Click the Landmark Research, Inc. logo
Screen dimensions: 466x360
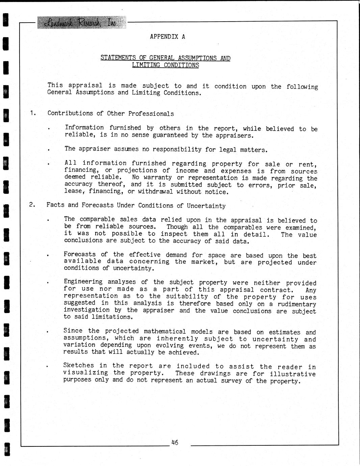(x=81, y=22)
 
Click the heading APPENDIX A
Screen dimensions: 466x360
(x=168, y=36)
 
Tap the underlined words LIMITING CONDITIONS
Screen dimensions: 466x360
(x=165, y=65)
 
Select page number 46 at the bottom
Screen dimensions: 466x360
(x=175, y=442)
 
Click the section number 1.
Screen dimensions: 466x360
(x=33, y=113)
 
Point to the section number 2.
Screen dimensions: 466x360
(x=32, y=205)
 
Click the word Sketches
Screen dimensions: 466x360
(x=78, y=365)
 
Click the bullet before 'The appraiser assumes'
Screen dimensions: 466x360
(x=49, y=150)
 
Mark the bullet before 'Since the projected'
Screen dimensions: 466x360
(x=49, y=332)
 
